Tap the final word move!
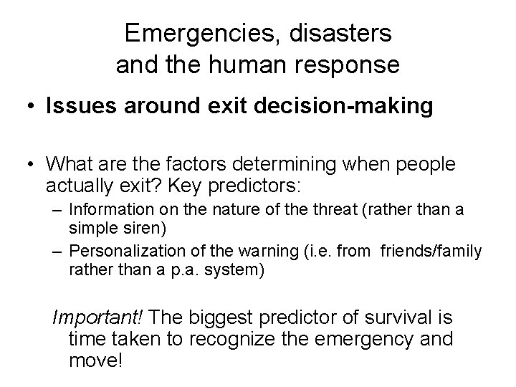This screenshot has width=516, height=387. tap(97, 359)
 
